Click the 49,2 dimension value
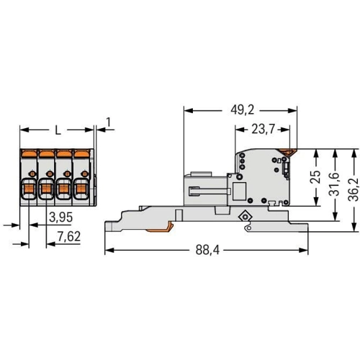coord(242,110)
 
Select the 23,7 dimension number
coord(263,130)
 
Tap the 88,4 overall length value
coord(207,250)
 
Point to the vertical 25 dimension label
coord(316,177)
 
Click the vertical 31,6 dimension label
coord(335,184)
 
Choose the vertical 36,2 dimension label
coord(354,189)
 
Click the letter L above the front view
coord(58,131)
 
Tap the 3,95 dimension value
coord(60,217)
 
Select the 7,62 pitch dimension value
coord(69,237)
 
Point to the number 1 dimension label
coord(109,122)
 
